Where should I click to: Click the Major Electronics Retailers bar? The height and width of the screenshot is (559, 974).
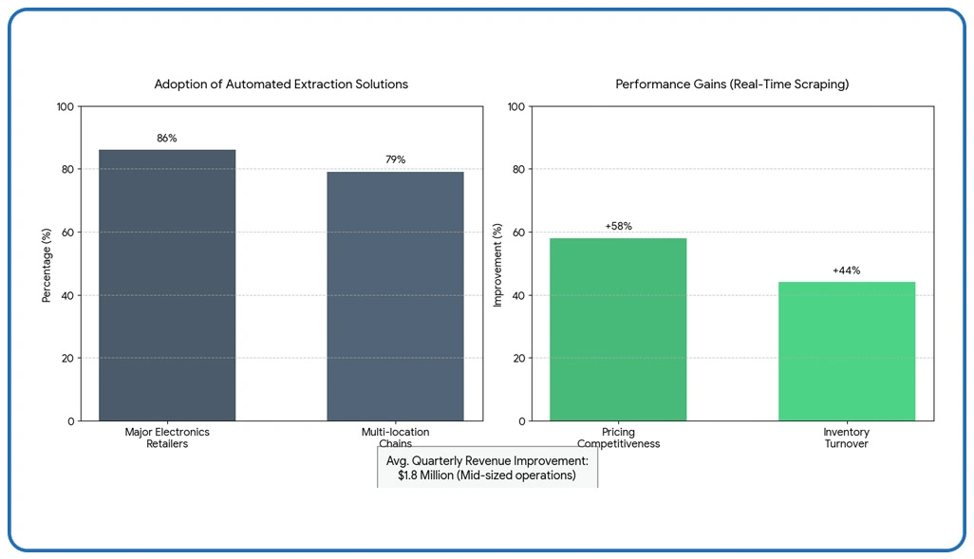(167, 285)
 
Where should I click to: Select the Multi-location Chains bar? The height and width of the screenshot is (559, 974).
(395, 296)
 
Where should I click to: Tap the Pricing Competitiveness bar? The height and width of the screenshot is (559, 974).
(618, 329)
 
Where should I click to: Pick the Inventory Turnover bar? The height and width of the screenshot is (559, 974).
(847, 351)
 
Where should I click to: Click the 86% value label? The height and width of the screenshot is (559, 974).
(167, 139)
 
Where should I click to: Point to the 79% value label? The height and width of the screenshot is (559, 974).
(395, 159)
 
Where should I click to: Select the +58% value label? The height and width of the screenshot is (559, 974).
(618, 227)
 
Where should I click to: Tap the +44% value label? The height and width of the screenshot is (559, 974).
(847, 270)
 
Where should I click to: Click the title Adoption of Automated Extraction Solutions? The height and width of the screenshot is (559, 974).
(281, 84)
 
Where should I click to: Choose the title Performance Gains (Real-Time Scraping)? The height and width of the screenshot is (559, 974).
(732, 84)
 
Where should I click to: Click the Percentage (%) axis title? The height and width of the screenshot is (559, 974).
(47, 263)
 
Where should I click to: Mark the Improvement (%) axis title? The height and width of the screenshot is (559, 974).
(497, 265)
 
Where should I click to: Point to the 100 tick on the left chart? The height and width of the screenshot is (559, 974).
(65, 106)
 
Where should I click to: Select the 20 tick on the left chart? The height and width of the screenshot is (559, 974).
(68, 358)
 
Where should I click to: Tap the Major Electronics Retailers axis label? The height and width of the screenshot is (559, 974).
(167, 438)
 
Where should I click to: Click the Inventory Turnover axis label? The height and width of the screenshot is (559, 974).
(846, 438)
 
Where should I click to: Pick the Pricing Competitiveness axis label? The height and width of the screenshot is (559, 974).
(618, 438)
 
